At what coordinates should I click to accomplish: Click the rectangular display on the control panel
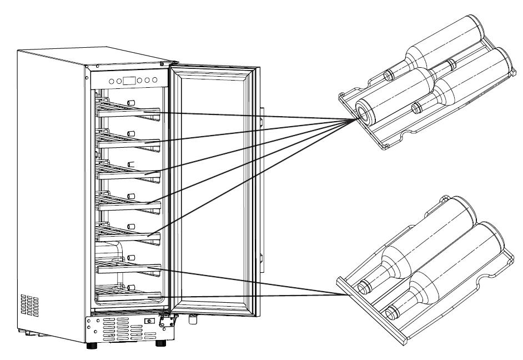[129, 81]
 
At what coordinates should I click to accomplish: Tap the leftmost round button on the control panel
[112, 81]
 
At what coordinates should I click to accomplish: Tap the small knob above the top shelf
[132, 102]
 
